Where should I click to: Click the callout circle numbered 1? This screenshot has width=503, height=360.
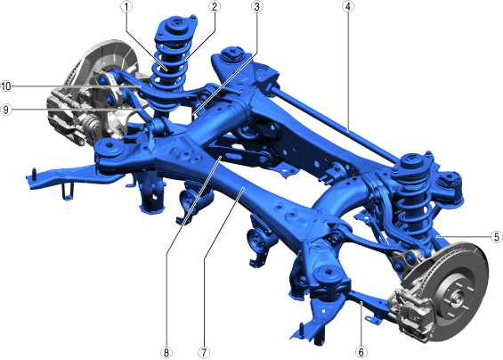(126, 7)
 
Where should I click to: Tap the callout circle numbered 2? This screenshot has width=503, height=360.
(215, 7)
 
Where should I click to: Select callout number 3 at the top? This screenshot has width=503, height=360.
(256, 7)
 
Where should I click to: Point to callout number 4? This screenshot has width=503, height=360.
(348, 7)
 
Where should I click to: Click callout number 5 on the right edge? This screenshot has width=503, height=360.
(497, 237)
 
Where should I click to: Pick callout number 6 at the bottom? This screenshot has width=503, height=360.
(361, 352)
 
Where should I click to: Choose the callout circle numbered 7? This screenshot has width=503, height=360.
(204, 353)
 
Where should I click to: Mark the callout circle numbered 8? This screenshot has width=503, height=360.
(166, 353)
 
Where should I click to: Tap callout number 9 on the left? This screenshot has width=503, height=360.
(6, 110)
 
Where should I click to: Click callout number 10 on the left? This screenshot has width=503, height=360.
(6, 86)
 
